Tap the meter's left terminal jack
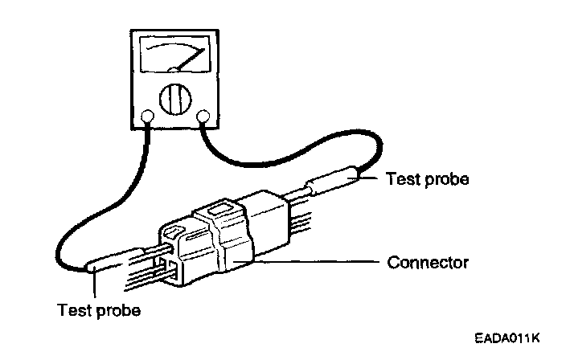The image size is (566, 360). (147, 119)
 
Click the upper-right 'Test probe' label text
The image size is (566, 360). (428, 178)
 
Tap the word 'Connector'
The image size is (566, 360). (427, 263)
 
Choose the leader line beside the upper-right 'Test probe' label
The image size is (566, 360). (371, 178)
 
